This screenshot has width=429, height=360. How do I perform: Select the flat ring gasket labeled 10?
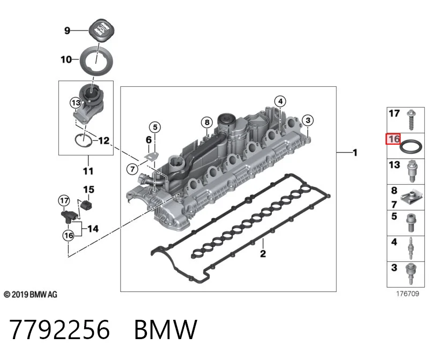[x=97, y=61]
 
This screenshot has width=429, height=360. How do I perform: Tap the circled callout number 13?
[x=76, y=103]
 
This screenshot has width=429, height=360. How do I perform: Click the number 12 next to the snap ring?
[x=103, y=140]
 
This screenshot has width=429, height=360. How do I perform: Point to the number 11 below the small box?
[x=88, y=171]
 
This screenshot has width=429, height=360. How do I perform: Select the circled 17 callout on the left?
[x=64, y=201]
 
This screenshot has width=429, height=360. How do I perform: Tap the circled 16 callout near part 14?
[x=69, y=235]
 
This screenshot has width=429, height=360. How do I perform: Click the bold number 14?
[x=93, y=229]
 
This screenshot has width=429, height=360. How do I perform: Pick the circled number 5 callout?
[x=155, y=127]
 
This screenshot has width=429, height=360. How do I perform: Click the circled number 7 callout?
[x=132, y=169]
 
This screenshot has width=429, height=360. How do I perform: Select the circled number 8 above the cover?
[x=207, y=122]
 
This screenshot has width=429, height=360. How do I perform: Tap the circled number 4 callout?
[x=280, y=101]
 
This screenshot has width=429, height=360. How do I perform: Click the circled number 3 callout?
[x=308, y=121]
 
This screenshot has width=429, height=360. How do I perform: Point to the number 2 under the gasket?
[x=263, y=254]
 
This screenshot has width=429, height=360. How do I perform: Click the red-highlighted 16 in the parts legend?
[x=393, y=139]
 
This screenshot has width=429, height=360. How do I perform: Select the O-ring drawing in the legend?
[x=411, y=147]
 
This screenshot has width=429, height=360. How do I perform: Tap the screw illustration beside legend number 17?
[x=411, y=120]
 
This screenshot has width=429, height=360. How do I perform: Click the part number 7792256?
[x=60, y=329]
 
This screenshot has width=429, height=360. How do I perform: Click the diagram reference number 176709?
[x=408, y=294]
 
